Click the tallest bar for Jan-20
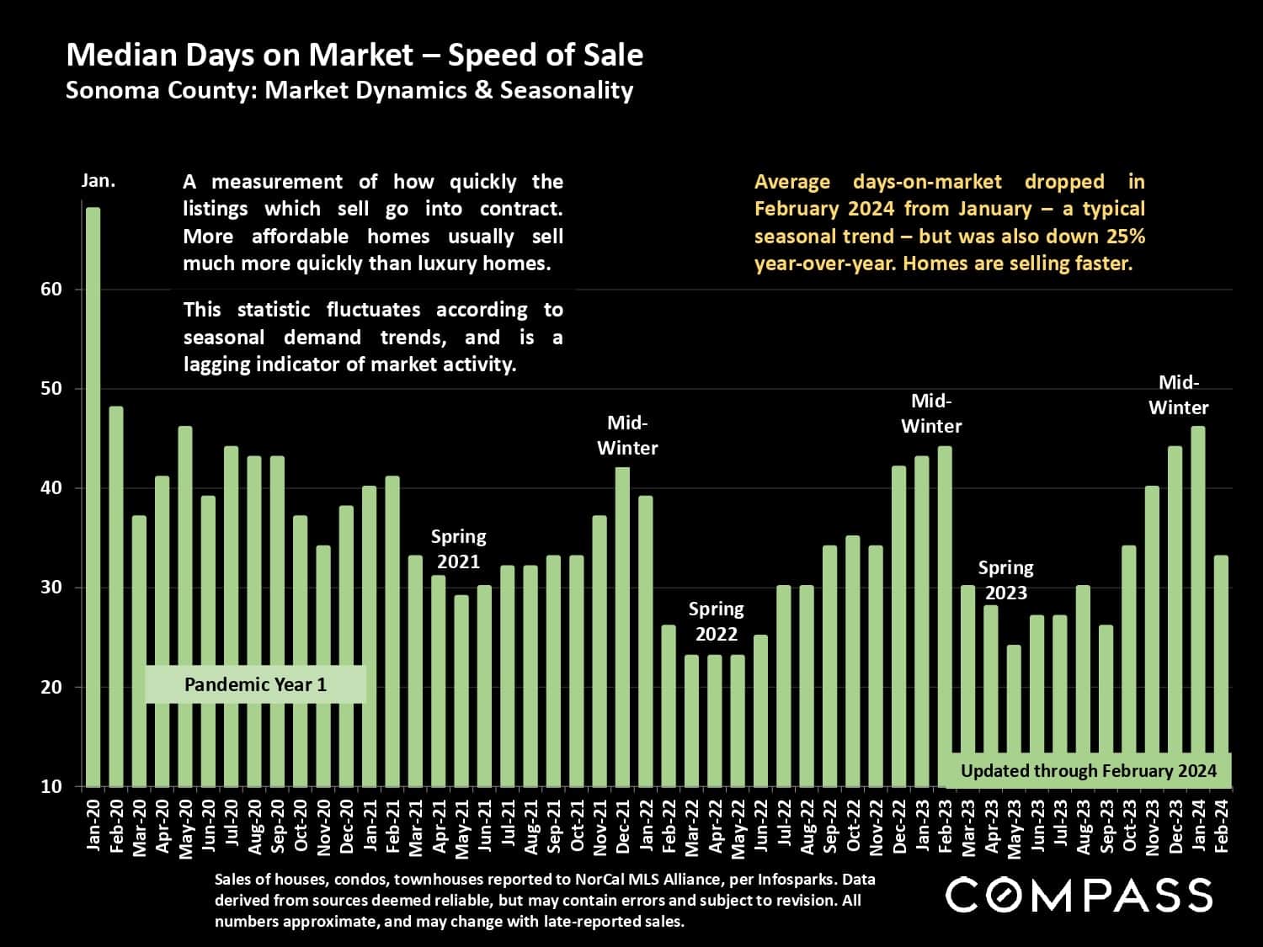(93, 497)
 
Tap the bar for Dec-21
(622, 627)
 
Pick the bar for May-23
(1014, 716)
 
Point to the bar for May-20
(185, 606)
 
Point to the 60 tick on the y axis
(51, 290)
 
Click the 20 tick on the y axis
(51, 687)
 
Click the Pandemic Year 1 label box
(255, 684)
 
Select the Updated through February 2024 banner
(1088, 770)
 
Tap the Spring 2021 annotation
(458, 549)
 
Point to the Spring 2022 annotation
(716, 621)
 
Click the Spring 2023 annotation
(1005, 580)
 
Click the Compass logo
(1079, 894)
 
